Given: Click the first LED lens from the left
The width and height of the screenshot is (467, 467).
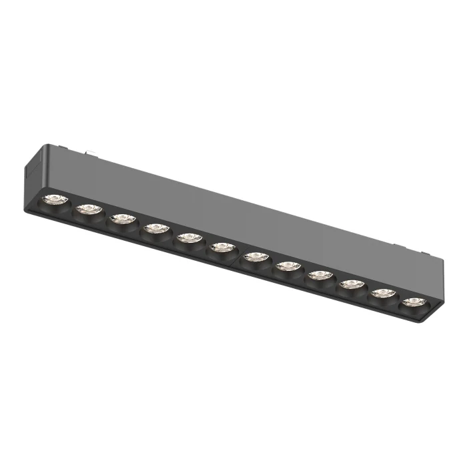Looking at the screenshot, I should [53, 199].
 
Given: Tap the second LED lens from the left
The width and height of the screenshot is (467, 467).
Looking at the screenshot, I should [87, 209].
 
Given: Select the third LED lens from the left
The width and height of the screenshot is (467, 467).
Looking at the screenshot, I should [121, 218].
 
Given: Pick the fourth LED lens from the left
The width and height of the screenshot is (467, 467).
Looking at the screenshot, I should [155, 228].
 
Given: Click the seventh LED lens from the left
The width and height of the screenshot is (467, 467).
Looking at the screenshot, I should [255, 257].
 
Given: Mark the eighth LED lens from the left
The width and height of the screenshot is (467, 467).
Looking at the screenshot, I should [288, 266].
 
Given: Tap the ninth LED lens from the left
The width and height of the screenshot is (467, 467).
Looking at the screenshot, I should [320, 275].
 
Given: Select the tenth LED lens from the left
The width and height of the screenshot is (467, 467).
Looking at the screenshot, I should [351, 284].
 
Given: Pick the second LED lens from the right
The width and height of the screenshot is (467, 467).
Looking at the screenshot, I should [382, 293].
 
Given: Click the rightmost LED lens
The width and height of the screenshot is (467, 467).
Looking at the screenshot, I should [413, 302].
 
